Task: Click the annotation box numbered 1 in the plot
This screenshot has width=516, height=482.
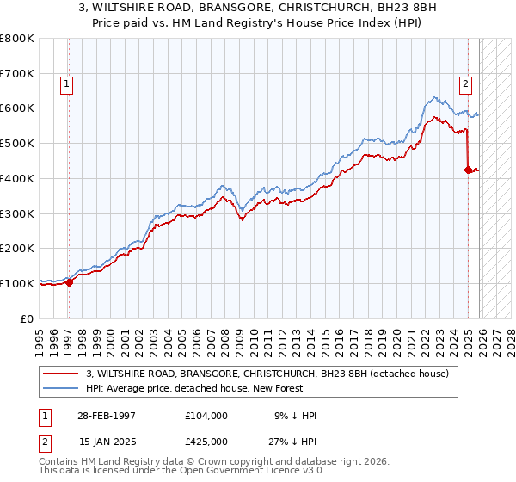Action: pyautogui.click(x=66, y=84)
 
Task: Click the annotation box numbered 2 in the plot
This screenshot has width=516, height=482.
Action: pyautogui.click(x=465, y=84)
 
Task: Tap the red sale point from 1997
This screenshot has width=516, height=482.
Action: pyautogui.click(x=70, y=282)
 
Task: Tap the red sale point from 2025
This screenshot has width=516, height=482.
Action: pyautogui.click(x=468, y=170)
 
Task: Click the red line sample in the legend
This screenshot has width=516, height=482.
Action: pyautogui.click(x=62, y=374)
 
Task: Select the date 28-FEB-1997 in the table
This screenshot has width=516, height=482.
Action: pyautogui.click(x=107, y=416)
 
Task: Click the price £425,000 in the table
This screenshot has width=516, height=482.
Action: pyautogui.click(x=206, y=442)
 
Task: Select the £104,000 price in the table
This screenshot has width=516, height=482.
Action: pyautogui.click(x=206, y=416)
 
